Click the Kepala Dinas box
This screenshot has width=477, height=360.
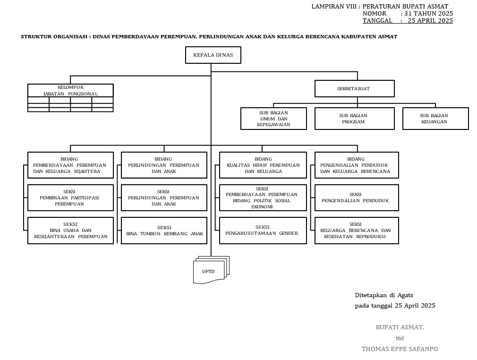tap(213, 55)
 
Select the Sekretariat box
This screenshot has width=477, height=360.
tap(354, 88)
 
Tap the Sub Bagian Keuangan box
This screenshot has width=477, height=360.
tap(435, 119)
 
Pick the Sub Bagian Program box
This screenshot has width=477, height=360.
tap(354, 119)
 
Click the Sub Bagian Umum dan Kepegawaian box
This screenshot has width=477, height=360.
tap(273, 119)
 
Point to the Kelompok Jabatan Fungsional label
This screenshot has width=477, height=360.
tap(70, 90)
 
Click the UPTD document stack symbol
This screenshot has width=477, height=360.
tap(210, 271)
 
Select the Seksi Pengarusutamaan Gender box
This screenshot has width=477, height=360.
tap(263, 230)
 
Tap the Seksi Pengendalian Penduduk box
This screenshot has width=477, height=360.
tap(357, 197)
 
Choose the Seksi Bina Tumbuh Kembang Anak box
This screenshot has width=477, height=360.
tap(164, 230)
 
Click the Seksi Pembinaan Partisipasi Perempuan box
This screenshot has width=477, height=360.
tap(70, 197)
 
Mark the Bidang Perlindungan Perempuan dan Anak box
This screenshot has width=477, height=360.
tap(164, 165)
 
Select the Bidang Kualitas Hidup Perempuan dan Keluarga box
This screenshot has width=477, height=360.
tap(263, 165)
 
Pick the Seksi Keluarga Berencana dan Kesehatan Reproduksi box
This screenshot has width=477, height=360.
tap(357, 230)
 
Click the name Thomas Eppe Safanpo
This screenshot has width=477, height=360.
tap(400, 349)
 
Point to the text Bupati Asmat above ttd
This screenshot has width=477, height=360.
tap(400, 327)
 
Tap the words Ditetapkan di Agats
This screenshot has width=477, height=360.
tap(384, 295)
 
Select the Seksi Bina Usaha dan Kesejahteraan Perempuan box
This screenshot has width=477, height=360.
tap(70, 230)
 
